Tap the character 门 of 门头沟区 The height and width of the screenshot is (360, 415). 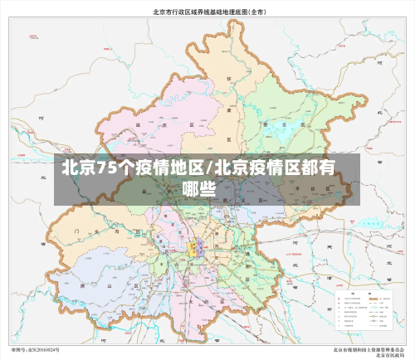click(x=76, y=222)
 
